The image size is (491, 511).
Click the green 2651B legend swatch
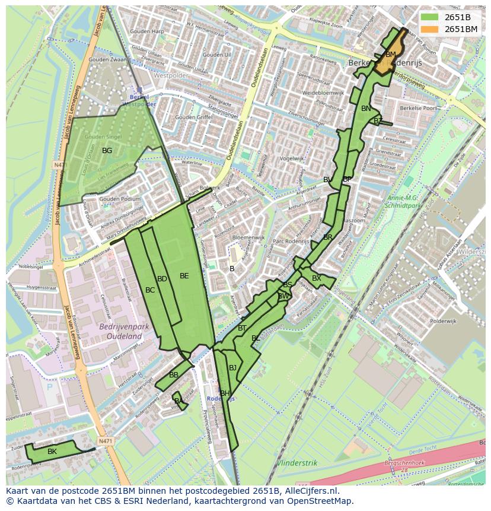tap(431, 17)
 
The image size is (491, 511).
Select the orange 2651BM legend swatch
tap(431, 29)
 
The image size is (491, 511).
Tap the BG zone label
tap(107, 151)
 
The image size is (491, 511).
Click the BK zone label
tap(52, 452)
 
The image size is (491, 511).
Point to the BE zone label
tap(184, 276)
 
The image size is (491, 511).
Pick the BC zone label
tap(150, 290)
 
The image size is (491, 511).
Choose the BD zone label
tap(162, 279)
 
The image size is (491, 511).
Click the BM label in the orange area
tap(390, 55)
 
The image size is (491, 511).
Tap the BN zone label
tap(366, 109)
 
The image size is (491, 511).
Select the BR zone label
tap(328, 237)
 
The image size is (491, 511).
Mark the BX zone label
tap(317, 278)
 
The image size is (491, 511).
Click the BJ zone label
tap(232, 368)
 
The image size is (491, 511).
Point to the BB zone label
tap(174, 375)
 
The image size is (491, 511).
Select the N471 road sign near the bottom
tap(105, 441)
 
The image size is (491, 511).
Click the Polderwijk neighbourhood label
tap(443, 320)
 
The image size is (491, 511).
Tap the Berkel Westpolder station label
tap(139, 100)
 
